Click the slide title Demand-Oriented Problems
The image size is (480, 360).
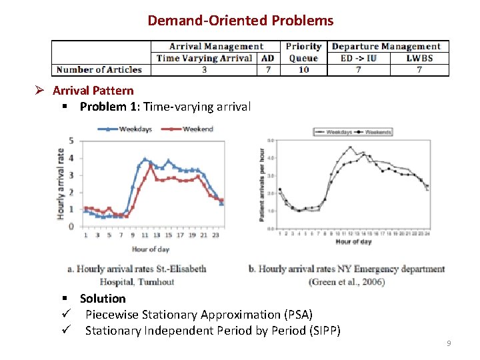tap(240, 21)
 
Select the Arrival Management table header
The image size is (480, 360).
tap(216, 47)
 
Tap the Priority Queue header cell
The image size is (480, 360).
tap(303, 52)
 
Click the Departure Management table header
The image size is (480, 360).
tap(386, 47)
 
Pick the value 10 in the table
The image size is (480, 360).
tap(303, 69)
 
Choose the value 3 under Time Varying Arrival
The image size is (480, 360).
tap(204, 69)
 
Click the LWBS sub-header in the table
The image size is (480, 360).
tap(419, 58)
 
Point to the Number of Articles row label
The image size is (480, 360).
tap(99, 69)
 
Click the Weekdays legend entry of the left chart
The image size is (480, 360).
tap(135, 129)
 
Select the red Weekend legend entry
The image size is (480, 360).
tap(197, 129)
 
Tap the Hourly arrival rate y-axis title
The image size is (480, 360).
tap(61, 184)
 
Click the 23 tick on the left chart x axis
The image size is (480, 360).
tap(216, 235)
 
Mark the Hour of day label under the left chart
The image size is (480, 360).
tap(150, 249)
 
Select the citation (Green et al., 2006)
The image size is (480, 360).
tap(347, 282)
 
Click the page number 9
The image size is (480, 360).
tap(449, 343)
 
